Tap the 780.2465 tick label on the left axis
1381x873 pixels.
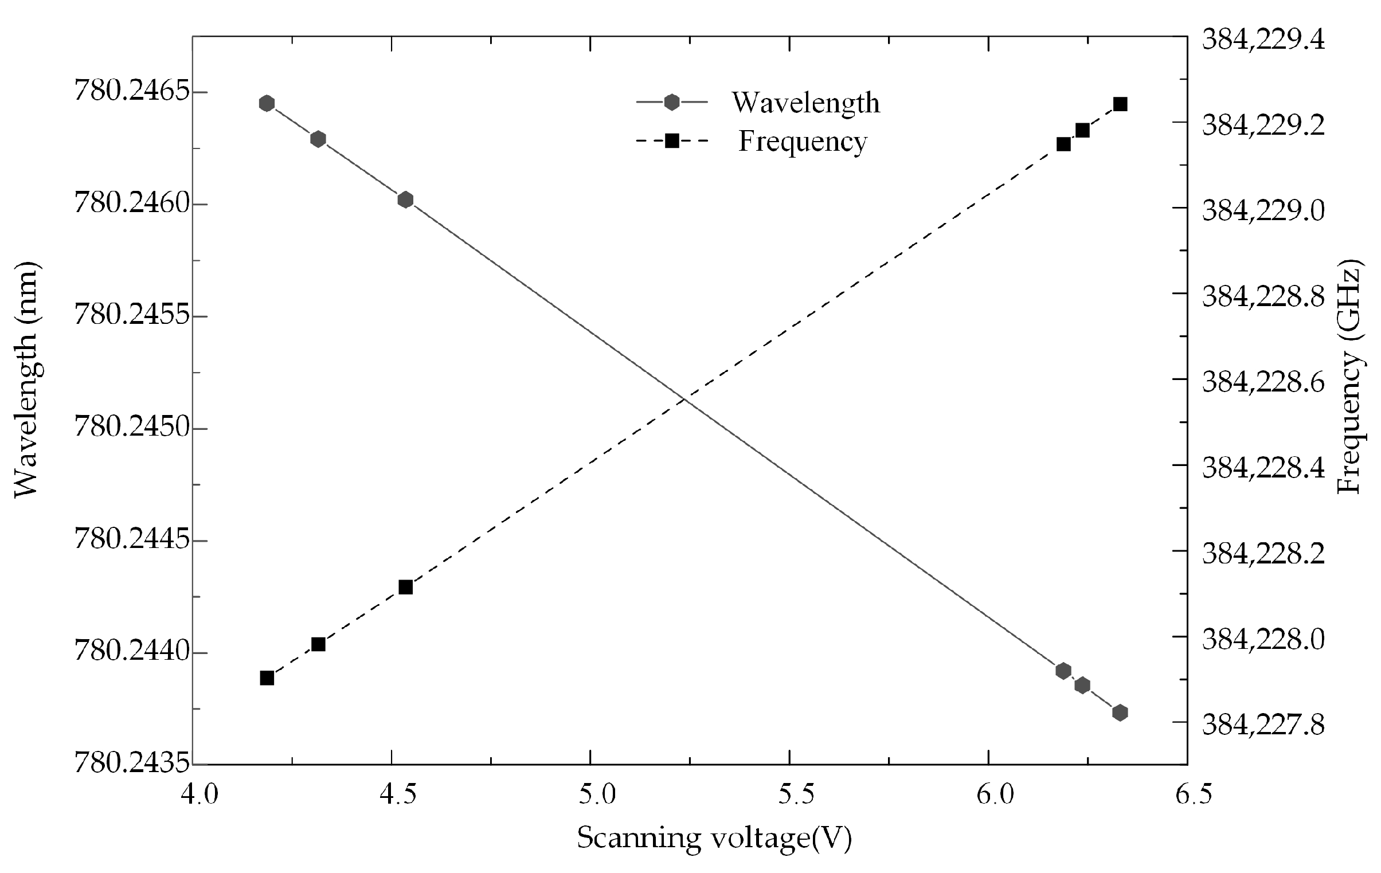(132, 92)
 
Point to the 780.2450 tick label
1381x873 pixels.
(132, 428)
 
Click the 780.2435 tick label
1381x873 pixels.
(132, 764)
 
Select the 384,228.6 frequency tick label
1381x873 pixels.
(1263, 381)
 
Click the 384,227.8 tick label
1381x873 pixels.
(1263, 724)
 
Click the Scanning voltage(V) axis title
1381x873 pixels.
(714, 839)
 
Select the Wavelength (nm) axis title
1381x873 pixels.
(26, 379)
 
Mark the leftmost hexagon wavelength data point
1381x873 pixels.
(267, 103)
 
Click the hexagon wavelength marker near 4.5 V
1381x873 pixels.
(405, 199)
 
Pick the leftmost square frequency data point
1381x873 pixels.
(267, 678)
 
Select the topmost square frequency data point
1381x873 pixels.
(1120, 104)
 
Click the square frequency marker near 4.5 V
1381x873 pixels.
(405, 588)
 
